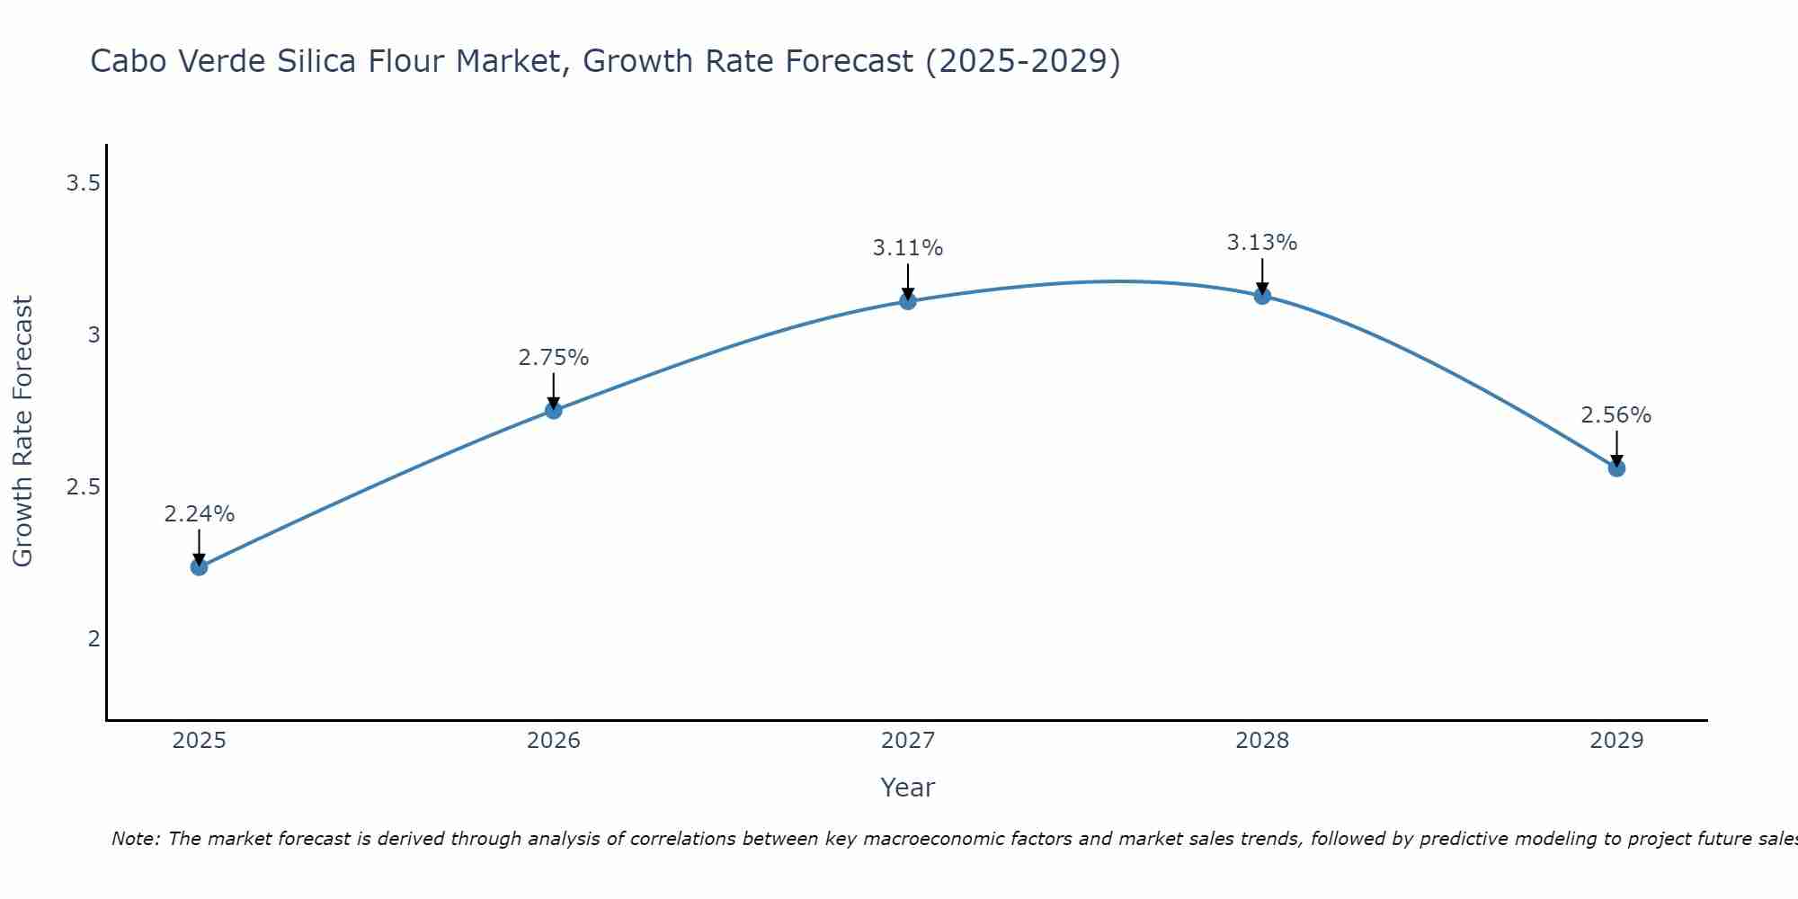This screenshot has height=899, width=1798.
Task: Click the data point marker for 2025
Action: coord(199,566)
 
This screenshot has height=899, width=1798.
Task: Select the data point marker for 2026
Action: coord(554,410)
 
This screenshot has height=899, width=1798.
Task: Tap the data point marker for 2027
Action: coord(908,300)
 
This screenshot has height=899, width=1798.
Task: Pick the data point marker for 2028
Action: coord(1262,295)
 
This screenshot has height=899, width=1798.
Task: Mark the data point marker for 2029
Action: coord(1616,467)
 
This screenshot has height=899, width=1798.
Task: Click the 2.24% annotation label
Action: coord(199,514)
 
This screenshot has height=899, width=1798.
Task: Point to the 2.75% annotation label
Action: coord(554,358)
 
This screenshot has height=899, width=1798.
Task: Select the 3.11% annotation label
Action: coord(908,248)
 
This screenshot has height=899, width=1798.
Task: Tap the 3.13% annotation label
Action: coord(1262,243)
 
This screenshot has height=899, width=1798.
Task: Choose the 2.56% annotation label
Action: coord(1616,415)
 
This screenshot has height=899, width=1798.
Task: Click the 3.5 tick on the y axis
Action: coord(82,184)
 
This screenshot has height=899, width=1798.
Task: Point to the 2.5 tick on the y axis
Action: coord(82,487)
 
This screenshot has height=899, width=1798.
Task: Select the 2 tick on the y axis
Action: coord(93,639)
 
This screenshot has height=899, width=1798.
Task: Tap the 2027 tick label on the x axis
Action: coord(908,741)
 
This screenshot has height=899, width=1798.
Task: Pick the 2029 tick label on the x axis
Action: coord(1616,741)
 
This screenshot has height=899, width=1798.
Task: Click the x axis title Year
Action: coord(908,788)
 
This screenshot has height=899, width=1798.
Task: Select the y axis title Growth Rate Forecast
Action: coord(23,432)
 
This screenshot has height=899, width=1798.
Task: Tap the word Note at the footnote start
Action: coord(135,839)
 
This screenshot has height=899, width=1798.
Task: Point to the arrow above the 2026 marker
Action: coord(554,390)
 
